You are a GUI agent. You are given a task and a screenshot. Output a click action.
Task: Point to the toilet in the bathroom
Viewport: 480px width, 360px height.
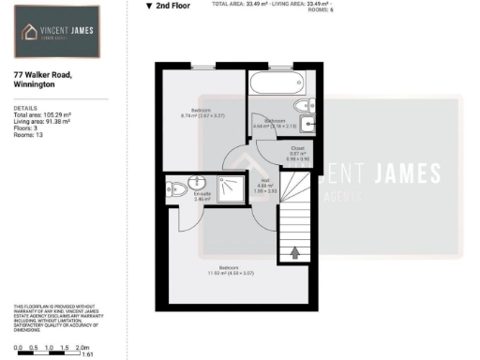pos(301,105)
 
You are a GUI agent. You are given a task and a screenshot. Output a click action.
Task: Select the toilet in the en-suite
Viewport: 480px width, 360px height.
pos(171,187)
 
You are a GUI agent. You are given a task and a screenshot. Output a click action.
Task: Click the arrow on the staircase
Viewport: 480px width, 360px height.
pos(296,251)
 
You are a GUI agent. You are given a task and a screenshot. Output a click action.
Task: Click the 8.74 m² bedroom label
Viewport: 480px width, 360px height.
pos(201,112)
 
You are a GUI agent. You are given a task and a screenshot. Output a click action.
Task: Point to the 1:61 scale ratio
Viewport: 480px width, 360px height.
pos(88,355)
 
